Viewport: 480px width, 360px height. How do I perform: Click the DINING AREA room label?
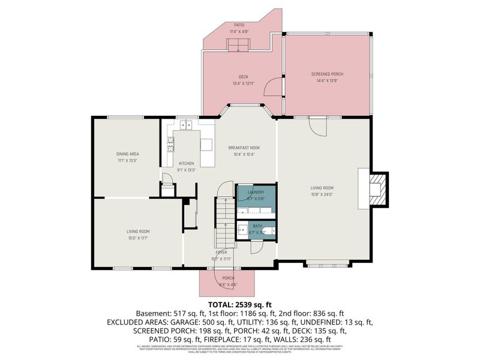click(x=127, y=154)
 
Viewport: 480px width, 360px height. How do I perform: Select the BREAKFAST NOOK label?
click(x=244, y=148)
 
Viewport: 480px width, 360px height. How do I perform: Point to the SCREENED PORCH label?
click(x=328, y=74)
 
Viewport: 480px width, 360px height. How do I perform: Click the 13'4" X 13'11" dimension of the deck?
click(x=243, y=83)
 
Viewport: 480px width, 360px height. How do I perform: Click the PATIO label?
click(x=238, y=26)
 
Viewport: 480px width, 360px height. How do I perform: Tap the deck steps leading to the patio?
click(x=238, y=44)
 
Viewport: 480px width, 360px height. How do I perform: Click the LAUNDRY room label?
click(x=256, y=192)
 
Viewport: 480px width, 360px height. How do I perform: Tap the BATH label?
click(x=256, y=226)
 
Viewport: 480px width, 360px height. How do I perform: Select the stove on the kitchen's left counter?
click(x=171, y=144)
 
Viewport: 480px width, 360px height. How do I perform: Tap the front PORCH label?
click(x=228, y=278)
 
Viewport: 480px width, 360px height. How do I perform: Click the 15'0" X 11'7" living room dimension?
click(x=137, y=238)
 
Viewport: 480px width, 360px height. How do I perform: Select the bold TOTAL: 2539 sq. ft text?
click(x=240, y=304)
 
